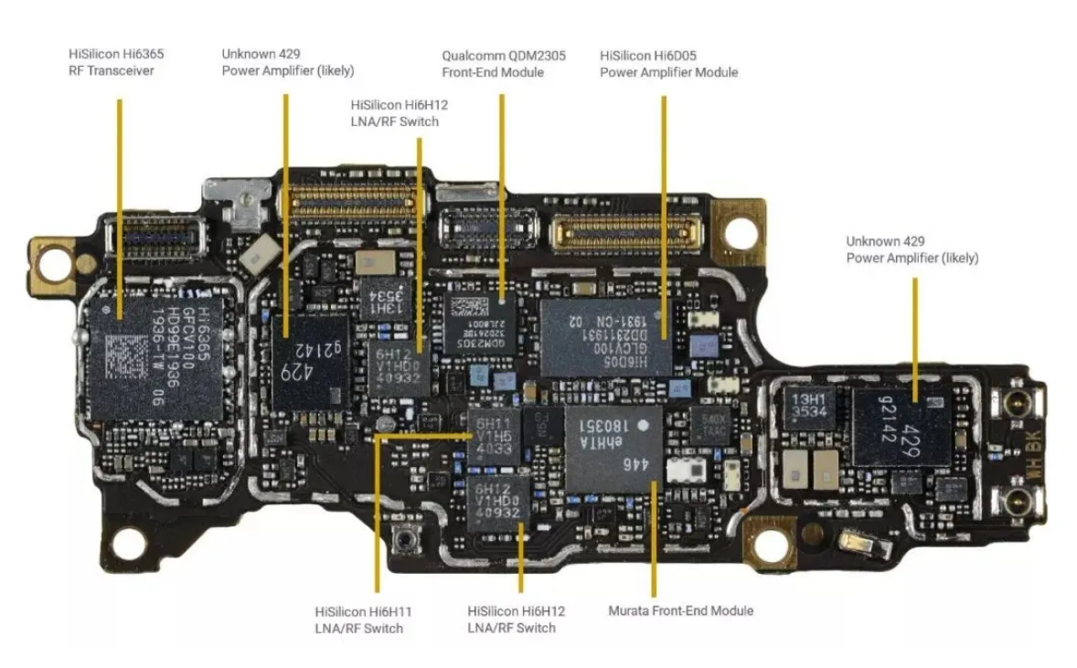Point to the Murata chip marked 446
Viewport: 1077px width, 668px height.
tap(612, 448)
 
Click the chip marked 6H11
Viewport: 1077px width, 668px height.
tap(495, 436)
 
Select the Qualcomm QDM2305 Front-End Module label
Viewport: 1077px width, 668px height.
tap(504, 64)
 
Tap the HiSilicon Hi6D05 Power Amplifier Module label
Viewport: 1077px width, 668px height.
tap(668, 64)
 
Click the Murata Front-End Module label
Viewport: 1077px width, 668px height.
tap(680, 610)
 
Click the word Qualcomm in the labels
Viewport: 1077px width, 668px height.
tap(470, 56)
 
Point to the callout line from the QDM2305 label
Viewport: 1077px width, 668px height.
tap(501, 183)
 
